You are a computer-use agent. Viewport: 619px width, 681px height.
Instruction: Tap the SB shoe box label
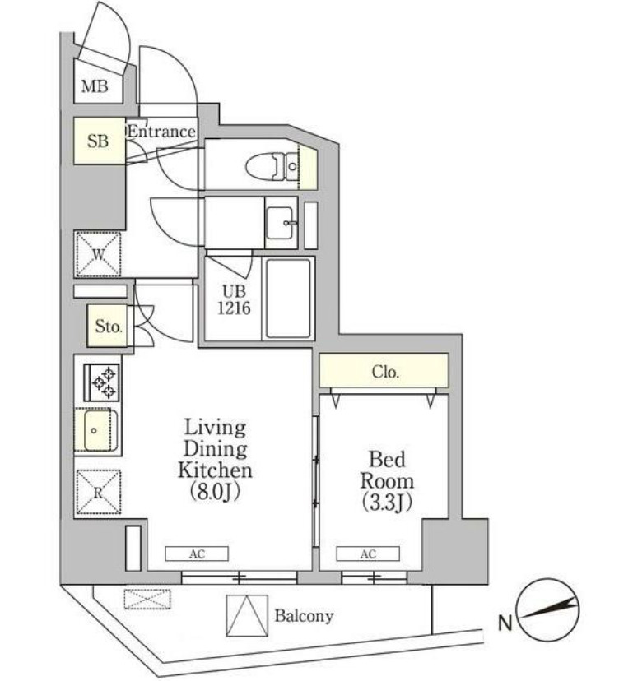pos(98,141)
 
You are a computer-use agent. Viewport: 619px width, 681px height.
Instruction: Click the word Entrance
pos(161,132)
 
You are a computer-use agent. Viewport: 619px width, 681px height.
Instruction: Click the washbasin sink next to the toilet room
pos(284,222)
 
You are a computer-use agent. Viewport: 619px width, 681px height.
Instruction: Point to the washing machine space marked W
pos(98,253)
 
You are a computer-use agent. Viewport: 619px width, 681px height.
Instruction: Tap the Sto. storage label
pos(108,327)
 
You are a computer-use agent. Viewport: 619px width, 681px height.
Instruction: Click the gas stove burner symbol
pos(102,382)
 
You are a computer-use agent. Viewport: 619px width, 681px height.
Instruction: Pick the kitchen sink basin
pos(98,430)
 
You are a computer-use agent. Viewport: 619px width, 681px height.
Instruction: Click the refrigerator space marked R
pos(98,493)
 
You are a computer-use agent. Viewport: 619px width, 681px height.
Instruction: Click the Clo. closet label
pos(385,372)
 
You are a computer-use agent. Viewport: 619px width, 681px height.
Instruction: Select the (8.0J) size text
pos(215,493)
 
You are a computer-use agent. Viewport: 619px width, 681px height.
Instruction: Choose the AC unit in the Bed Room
pos(367,554)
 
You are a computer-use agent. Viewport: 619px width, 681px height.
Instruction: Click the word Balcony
pos(304,616)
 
